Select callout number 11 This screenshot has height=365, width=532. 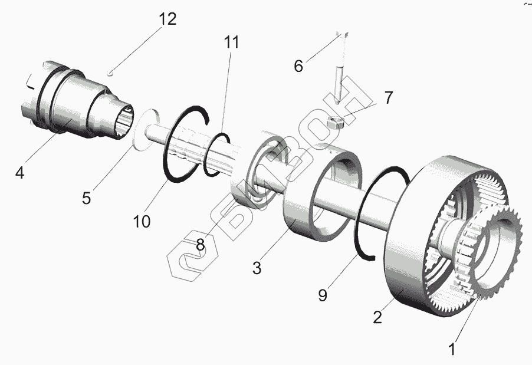coord(232,42)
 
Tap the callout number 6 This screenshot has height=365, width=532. coord(298,65)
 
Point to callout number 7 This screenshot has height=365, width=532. coord(388,97)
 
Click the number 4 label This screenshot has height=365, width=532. coord(20,173)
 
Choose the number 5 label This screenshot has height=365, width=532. coord(87,198)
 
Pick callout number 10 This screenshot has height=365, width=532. coord(142,221)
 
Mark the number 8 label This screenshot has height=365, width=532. coord(201,244)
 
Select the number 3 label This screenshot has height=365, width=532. coord(257,268)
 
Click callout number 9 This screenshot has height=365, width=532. coord(322,295)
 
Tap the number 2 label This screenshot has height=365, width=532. coord(377,317)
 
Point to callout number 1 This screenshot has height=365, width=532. coord(452,349)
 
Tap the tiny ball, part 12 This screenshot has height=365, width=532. coord(111,73)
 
